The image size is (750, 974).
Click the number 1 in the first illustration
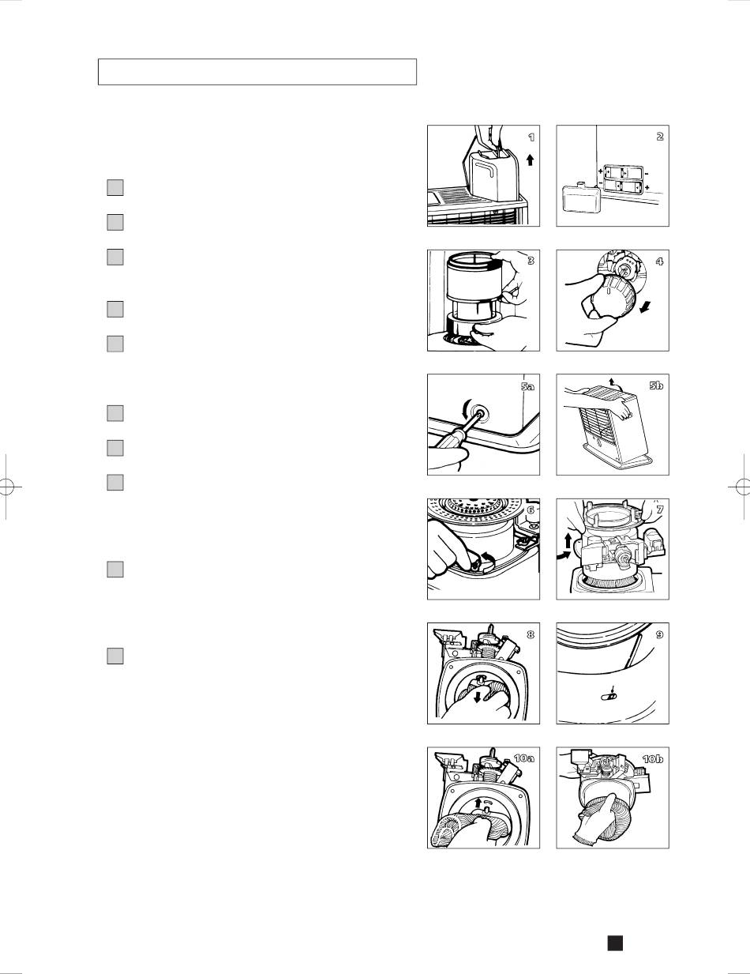click(x=531, y=137)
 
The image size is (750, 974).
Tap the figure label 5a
click(x=527, y=386)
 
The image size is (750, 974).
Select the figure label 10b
click(x=653, y=759)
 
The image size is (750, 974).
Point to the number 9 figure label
click(x=659, y=634)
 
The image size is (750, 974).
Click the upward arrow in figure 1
click(x=531, y=160)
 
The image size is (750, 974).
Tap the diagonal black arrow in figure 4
click(x=644, y=307)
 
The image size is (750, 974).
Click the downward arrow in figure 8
click(x=478, y=696)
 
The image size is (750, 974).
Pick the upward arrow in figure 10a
click(x=478, y=803)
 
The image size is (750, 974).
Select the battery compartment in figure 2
click(x=623, y=179)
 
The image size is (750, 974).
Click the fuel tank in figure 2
click(x=581, y=197)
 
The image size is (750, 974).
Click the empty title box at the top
click(x=257, y=72)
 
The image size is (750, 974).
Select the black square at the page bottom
click(x=615, y=942)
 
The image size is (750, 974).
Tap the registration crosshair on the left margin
click(x=6, y=486)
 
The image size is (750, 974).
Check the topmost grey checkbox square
click(x=115, y=187)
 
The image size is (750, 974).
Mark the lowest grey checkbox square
click(x=115, y=656)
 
